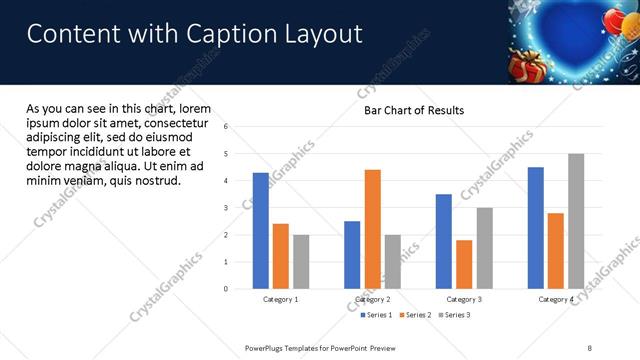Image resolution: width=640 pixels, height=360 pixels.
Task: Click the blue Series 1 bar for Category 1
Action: tap(261, 231)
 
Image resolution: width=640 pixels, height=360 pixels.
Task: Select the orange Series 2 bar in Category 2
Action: tap(372, 229)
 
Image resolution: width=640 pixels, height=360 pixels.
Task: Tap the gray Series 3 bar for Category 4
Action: tap(576, 221)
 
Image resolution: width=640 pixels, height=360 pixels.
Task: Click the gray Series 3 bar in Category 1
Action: tap(301, 262)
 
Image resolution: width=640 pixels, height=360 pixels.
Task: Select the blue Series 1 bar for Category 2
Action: tap(352, 255)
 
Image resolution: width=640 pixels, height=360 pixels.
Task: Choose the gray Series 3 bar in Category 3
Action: tap(484, 248)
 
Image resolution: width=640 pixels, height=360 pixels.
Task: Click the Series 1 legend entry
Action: tap(377, 315)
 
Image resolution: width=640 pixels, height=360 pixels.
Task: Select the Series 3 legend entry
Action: tap(453, 315)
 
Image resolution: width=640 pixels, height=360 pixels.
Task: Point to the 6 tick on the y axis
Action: tap(227, 127)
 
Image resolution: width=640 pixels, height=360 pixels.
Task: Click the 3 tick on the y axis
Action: tap(227, 208)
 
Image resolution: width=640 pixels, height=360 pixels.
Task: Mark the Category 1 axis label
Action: tap(281, 299)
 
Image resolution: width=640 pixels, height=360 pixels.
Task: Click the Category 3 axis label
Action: tap(464, 299)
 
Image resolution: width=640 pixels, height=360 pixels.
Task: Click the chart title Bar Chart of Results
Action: tap(413, 110)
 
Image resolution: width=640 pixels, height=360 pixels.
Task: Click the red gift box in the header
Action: tap(524, 69)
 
